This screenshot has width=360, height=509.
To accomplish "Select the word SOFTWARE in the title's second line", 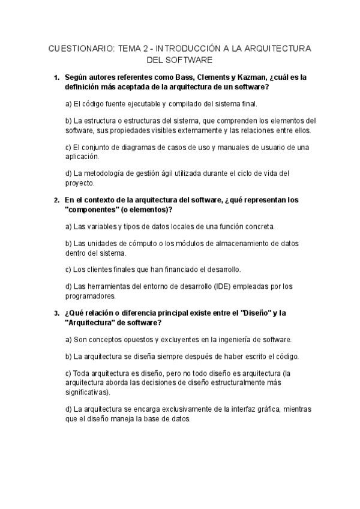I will (191, 60).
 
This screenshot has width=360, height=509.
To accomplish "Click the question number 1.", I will (56, 77).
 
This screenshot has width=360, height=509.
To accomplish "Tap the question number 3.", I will (56, 313).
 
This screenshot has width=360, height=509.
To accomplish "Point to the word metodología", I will (103, 173).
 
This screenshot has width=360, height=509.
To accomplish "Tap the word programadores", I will (90, 295).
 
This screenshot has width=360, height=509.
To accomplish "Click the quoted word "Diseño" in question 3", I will (257, 313).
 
